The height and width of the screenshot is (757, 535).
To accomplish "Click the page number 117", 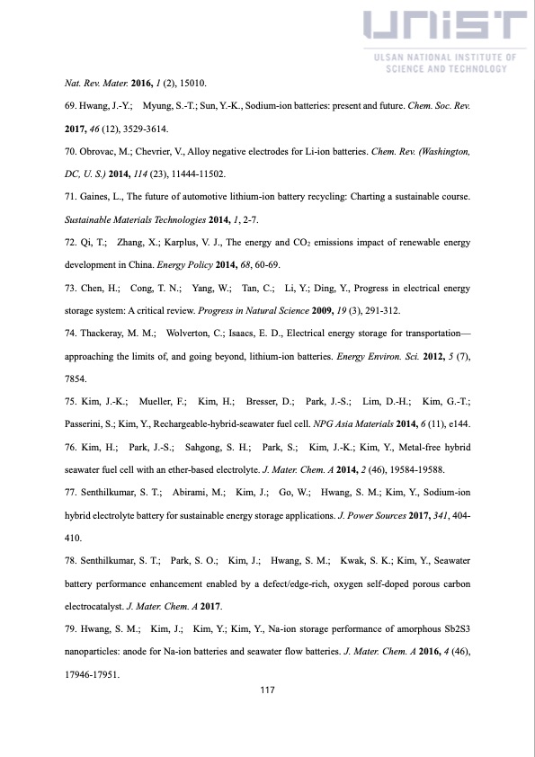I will pyautogui.click(x=267, y=690).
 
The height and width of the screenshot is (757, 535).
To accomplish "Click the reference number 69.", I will pyautogui.click(x=72, y=105).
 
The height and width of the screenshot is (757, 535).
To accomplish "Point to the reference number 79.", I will pyautogui.click(x=72, y=628).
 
